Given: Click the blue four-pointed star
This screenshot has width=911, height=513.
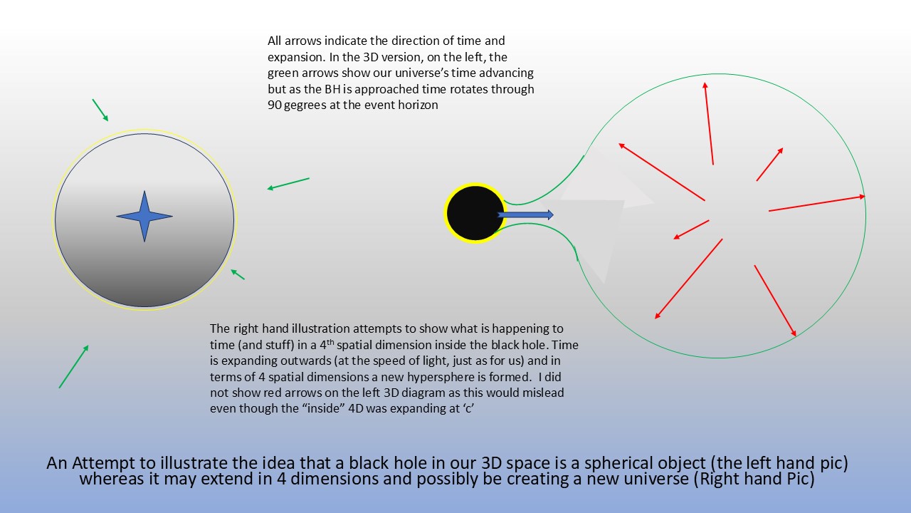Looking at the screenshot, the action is click(x=144, y=216).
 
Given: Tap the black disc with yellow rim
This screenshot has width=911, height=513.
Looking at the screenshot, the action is click(x=475, y=213).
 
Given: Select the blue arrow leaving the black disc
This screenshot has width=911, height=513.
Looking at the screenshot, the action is click(x=525, y=214).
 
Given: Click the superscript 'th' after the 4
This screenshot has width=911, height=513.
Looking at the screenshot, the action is click(x=330, y=342).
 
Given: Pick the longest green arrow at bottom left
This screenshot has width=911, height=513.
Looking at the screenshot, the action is click(x=73, y=366).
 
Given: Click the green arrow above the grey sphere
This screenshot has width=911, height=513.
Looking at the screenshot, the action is click(x=100, y=110).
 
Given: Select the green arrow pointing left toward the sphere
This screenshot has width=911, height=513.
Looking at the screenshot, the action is click(x=288, y=184).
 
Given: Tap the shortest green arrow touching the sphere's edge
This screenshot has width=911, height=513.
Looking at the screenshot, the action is click(x=238, y=274).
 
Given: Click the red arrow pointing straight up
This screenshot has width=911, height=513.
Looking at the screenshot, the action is click(x=709, y=123).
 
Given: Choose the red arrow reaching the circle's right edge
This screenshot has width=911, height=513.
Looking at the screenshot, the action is click(x=817, y=204).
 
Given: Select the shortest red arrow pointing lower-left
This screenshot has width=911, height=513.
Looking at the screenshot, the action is click(x=691, y=229).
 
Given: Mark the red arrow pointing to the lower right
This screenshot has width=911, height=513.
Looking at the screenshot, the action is click(x=775, y=301).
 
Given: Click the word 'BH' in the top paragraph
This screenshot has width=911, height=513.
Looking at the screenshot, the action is click(x=332, y=89).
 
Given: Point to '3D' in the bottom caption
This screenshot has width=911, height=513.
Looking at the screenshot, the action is click(x=492, y=463).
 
